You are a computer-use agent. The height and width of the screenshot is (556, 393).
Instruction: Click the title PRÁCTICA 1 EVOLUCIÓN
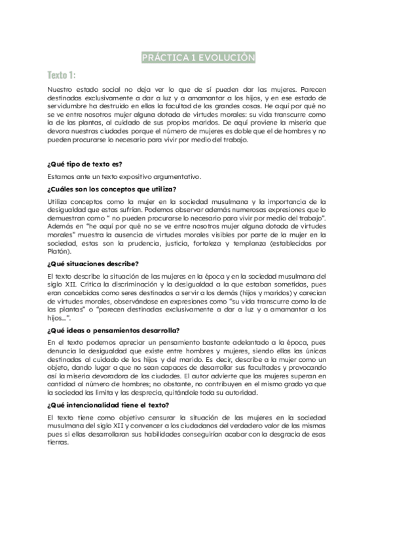coord(198,58)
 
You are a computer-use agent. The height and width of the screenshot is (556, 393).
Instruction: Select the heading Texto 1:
coord(62,74)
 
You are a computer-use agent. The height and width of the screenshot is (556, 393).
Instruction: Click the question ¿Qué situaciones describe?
coord(92,264)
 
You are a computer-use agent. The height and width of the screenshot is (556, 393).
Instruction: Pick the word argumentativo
coord(168,176)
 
